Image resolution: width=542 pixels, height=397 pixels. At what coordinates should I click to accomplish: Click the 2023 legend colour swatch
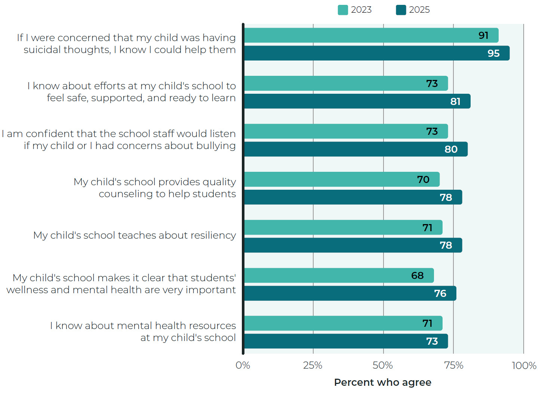click(342, 10)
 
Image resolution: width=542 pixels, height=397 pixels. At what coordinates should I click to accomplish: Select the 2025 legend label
click(419, 10)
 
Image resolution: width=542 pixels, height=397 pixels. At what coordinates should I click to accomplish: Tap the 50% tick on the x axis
click(383, 365)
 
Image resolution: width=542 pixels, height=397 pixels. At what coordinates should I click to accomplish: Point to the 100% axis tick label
click(524, 365)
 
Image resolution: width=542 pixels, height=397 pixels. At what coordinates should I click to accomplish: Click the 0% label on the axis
click(243, 365)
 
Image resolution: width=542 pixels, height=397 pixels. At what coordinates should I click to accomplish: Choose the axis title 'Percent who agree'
click(382, 382)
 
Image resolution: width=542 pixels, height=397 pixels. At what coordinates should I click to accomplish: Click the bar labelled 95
click(376, 53)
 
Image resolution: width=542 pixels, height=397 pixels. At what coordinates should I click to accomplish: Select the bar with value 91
click(371, 35)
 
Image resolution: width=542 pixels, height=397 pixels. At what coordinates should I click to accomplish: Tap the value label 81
click(455, 102)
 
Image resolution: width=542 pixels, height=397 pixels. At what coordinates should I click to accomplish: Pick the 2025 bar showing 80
click(355, 149)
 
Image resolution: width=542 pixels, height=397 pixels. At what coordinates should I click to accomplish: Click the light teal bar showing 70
click(342, 180)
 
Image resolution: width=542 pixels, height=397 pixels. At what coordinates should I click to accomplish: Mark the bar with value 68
click(339, 276)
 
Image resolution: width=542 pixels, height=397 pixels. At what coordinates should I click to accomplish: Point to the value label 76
click(440, 294)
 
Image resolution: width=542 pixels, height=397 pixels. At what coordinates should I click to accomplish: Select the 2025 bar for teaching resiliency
click(353, 245)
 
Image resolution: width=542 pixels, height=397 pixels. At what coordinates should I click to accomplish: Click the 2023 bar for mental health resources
click(343, 323)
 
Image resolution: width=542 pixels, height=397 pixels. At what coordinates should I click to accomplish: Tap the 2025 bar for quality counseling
click(353, 197)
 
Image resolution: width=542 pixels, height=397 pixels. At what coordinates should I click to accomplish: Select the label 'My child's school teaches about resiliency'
click(135, 235)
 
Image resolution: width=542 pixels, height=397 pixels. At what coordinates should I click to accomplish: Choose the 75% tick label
click(453, 365)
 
